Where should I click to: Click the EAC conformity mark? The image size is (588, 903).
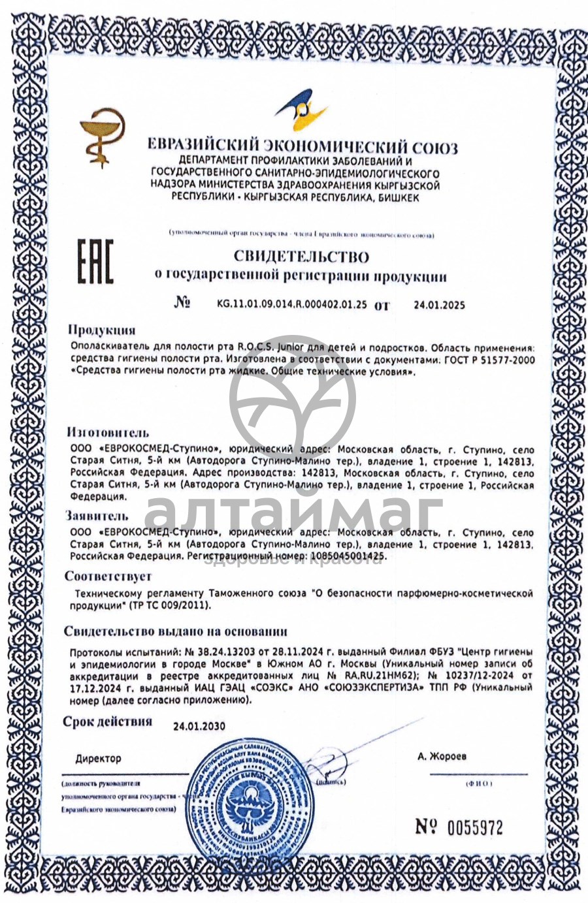[95, 261]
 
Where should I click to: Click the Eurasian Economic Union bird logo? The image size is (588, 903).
[302, 112]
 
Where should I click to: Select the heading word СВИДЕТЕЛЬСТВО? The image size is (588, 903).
[301, 257]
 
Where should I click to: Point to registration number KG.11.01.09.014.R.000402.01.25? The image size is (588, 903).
[291, 304]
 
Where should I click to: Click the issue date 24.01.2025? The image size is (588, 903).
[439, 305]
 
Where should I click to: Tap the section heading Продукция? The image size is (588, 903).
[102, 330]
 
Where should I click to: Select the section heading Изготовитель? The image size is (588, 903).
[108, 432]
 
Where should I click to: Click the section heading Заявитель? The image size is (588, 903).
[97, 516]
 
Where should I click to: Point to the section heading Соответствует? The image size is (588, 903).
[108, 577]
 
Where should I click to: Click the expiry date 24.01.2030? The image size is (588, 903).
[199, 726]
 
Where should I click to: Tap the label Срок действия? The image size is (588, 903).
[108, 721]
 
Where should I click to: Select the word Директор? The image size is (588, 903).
[98, 759]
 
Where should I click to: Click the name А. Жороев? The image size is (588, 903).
[442, 757]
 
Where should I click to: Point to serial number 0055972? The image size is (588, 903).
[475, 828]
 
